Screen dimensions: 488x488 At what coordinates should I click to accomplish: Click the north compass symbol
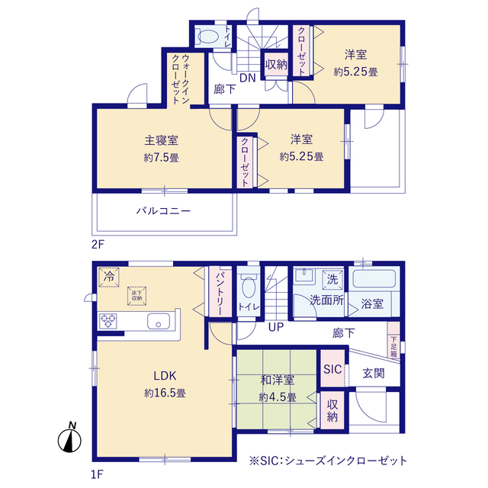click(70, 439)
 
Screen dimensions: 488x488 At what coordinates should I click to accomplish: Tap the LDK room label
click(165, 375)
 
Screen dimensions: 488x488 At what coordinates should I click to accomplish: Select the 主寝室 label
click(161, 140)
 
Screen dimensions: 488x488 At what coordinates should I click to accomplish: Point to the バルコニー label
click(164, 210)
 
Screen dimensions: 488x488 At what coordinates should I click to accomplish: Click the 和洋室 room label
click(276, 379)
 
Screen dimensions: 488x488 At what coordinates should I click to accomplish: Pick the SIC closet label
click(332, 369)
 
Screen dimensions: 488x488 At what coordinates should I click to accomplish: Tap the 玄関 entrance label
click(373, 374)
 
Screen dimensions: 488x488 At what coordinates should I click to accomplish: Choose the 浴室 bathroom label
click(372, 303)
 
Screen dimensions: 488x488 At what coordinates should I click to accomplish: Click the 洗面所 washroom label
click(326, 300)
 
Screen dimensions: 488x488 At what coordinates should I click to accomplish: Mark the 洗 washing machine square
click(332, 279)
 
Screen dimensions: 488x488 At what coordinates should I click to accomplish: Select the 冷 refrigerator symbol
click(109, 274)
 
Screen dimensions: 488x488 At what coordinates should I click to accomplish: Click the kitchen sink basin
click(158, 320)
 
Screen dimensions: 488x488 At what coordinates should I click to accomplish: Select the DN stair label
click(247, 78)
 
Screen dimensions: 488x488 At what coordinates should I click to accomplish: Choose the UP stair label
click(275, 328)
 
